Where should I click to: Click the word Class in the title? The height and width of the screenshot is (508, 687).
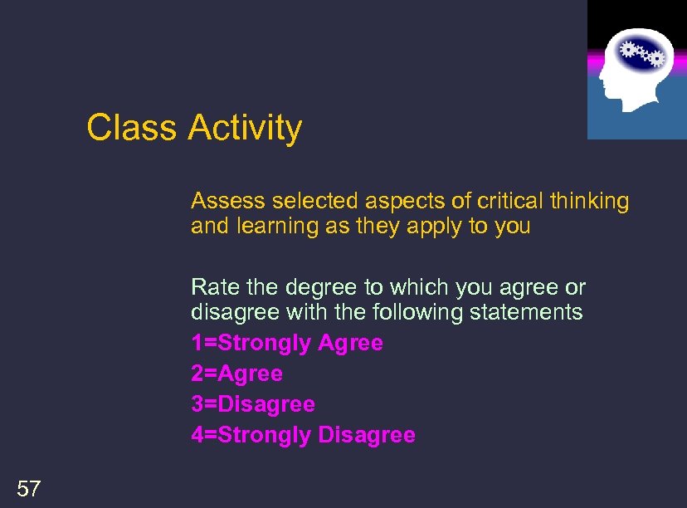click(132, 128)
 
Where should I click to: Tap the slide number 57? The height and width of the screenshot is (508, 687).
click(28, 489)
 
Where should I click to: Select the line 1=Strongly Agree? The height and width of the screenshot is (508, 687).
click(287, 343)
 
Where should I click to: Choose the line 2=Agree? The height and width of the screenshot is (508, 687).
click(236, 374)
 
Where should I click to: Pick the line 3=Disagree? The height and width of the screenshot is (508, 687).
click(253, 404)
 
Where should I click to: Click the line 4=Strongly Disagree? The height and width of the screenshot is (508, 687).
click(303, 435)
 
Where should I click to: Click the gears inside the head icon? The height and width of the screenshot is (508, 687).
click(644, 53)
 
